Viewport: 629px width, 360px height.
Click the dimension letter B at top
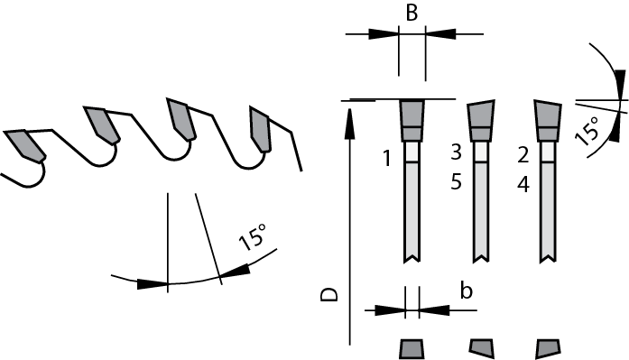click(411, 13)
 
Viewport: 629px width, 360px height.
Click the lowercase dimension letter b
click(466, 291)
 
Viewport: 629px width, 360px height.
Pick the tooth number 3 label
click(456, 151)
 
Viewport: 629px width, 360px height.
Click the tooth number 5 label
click(456, 181)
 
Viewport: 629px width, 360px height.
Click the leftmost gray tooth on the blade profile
click(23, 145)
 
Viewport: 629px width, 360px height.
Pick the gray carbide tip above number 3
click(480, 117)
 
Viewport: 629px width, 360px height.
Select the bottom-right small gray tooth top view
click(548, 348)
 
